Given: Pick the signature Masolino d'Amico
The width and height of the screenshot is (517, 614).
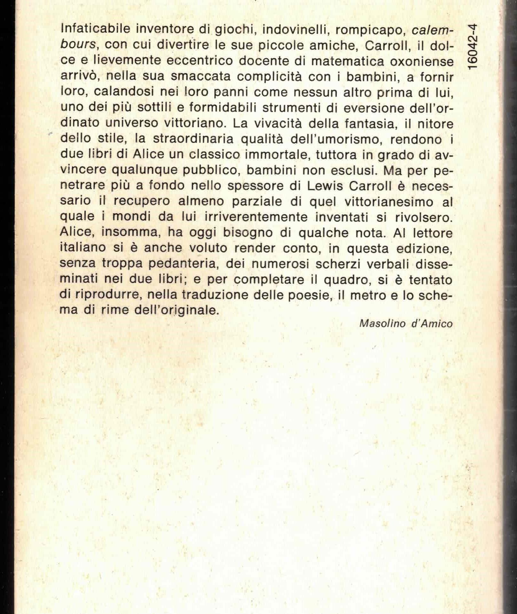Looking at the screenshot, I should click(406, 324).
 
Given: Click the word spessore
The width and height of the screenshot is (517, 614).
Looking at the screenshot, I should click(255, 186).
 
